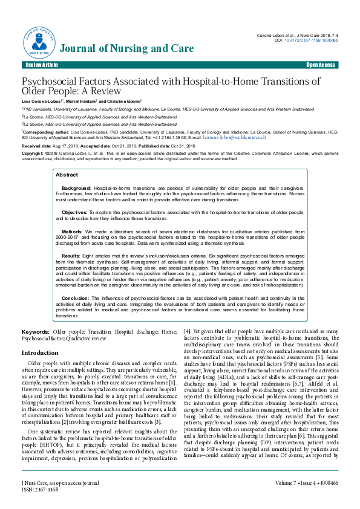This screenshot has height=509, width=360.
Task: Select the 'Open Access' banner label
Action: [320, 65]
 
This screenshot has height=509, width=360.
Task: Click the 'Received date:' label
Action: [37, 146]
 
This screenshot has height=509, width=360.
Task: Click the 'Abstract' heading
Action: [67, 174]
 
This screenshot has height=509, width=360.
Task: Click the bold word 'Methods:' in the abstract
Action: [72, 232]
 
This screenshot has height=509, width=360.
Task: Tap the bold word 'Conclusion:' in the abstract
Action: [76, 298]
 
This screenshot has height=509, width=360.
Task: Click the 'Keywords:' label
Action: [36, 332]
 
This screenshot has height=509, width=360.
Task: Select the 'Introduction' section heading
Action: [40, 352]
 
